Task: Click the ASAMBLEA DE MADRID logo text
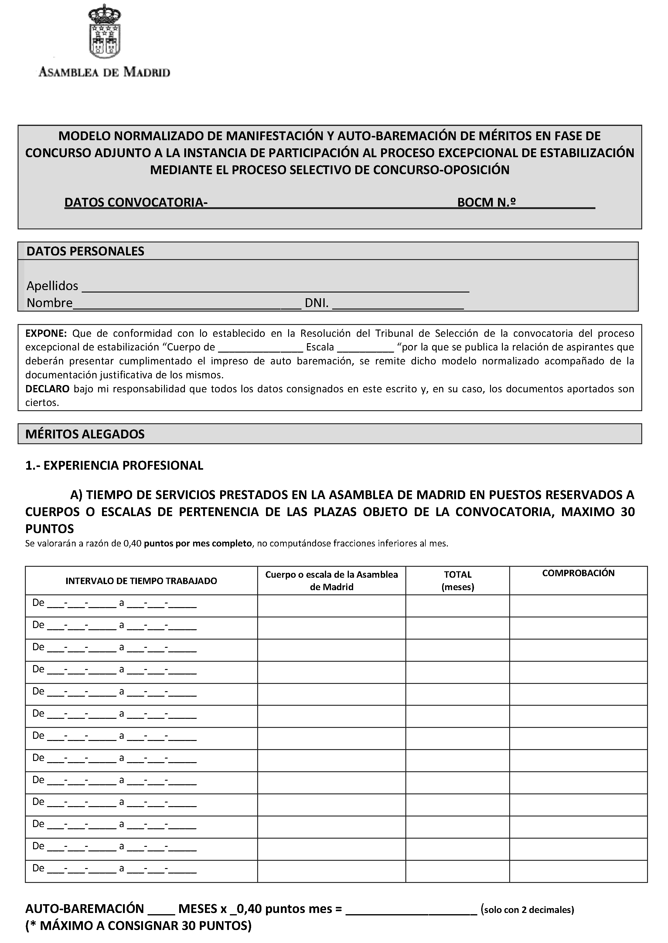point(104,72)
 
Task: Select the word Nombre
point(49,303)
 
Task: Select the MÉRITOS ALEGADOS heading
point(85,434)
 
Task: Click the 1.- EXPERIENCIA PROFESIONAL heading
point(114,465)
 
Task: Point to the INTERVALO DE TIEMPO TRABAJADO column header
point(141,581)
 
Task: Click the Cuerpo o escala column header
point(332,580)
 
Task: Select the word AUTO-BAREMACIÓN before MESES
point(84,909)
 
